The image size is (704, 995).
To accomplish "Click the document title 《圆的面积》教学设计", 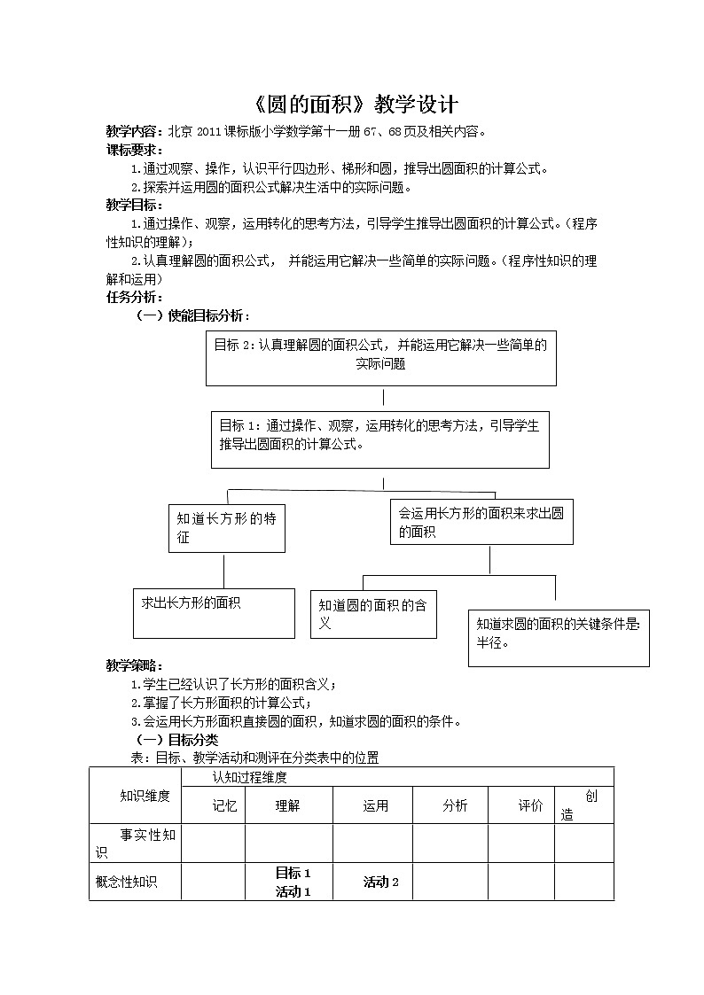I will click(351, 105).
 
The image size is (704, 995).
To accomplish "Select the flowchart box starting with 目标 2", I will click(381, 359).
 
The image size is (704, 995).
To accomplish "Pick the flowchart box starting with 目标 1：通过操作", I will click(379, 438).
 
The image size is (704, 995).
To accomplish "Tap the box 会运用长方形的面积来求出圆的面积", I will click(481, 522).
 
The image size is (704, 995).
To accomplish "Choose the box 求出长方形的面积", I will click(214, 613).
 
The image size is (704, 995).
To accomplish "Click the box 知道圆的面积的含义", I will click(373, 613).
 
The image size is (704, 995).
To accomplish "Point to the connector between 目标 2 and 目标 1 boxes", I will click(383, 398).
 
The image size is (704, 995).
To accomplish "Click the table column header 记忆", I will click(225, 805).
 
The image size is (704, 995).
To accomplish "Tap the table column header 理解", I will click(288, 805).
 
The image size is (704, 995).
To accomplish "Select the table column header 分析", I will click(455, 805).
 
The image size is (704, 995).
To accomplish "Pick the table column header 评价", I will click(530, 805).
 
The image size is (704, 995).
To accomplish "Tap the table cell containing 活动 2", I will click(380, 882).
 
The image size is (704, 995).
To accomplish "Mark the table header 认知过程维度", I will click(249, 777).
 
